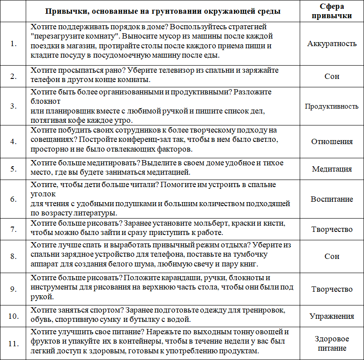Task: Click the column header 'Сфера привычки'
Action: pos(332,11)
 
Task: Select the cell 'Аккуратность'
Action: pos(332,43)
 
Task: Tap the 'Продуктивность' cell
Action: pos(332,106)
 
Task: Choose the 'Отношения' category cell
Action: pos(332,142)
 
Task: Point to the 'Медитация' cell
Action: pos(332,169)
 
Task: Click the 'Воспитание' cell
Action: pos(332,199)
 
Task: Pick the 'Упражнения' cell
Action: pos(332,316)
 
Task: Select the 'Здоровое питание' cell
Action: pos(332,343)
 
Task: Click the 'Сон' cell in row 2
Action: pos(332,76)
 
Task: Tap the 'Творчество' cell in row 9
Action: pos(332,289)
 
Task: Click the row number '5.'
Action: pos(14,169)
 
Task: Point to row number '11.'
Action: pos(14,343)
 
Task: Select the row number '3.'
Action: pos(14,106)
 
